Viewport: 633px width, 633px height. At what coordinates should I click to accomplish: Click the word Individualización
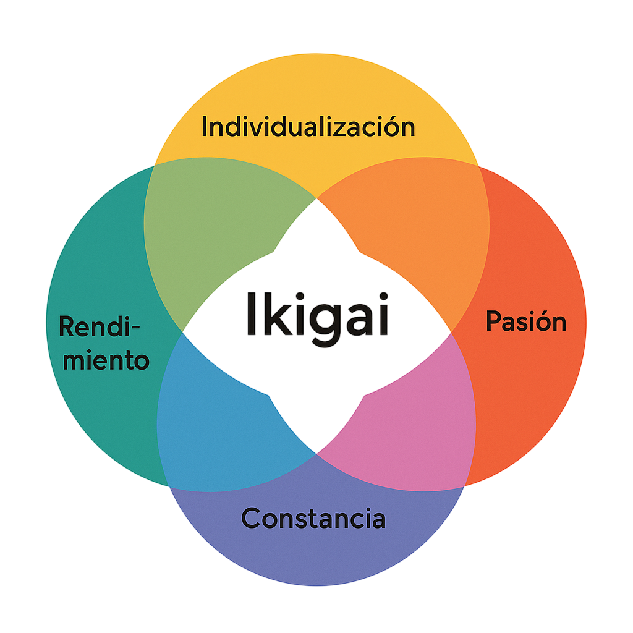click(x=308, y=127)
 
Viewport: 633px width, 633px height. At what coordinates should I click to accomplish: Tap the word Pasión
click(x=525, y=321)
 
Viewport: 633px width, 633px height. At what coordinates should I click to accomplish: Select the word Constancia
click(x=313, y=518)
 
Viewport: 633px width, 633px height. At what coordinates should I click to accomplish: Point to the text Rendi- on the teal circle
click(x=99, y=326)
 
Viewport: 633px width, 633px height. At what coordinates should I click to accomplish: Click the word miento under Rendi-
click(x=106, y=360)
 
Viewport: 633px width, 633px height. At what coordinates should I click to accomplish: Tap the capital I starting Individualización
click(x=205, y=127)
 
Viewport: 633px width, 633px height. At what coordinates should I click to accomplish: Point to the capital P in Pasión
click(x=493, y=321)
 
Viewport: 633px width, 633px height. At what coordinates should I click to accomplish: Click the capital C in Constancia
click(x=251, y=518)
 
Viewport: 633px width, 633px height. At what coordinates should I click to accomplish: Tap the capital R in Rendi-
click(x=67, y=326)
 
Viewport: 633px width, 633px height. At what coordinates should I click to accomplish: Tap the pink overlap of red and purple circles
click(x=414, y=420)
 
